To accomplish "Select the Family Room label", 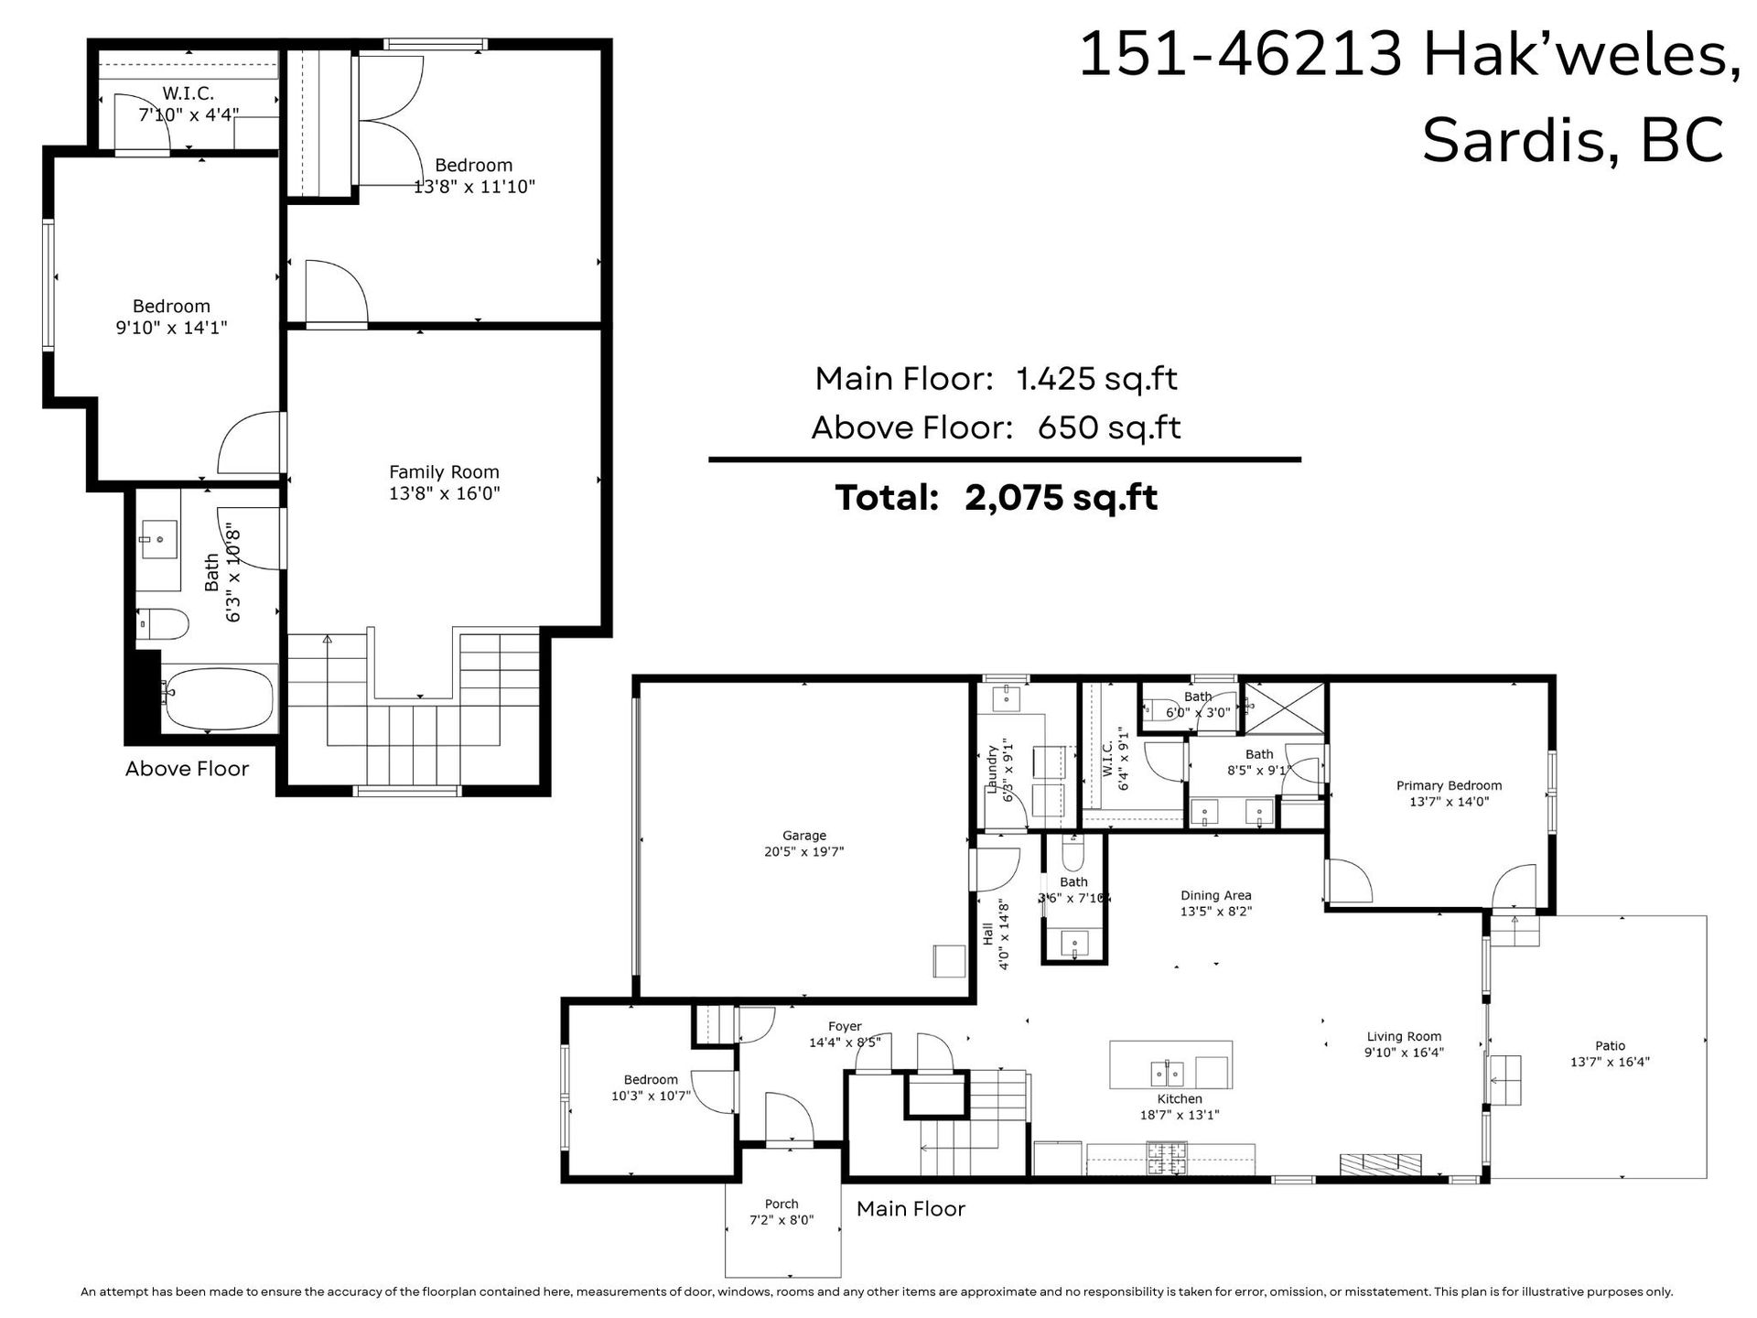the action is [444, 472].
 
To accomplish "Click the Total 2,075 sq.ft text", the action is [996, 498].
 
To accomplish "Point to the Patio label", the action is [1610, 1045].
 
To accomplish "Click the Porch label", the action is [781, 1204].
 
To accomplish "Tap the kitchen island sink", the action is [1167, 1072].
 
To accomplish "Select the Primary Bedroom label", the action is [1449, 785].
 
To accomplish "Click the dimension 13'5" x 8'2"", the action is [1215, 912].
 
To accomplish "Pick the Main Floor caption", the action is [911, 1209].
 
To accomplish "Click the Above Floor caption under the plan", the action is [187, 769].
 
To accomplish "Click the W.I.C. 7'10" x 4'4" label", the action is [189, 104].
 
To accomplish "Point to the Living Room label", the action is [1404, 1037].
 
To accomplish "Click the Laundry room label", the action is [992, 769].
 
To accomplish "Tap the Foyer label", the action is [845, 1027].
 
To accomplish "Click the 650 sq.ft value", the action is [1109, 427].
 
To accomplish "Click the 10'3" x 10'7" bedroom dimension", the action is [651, 1096].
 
